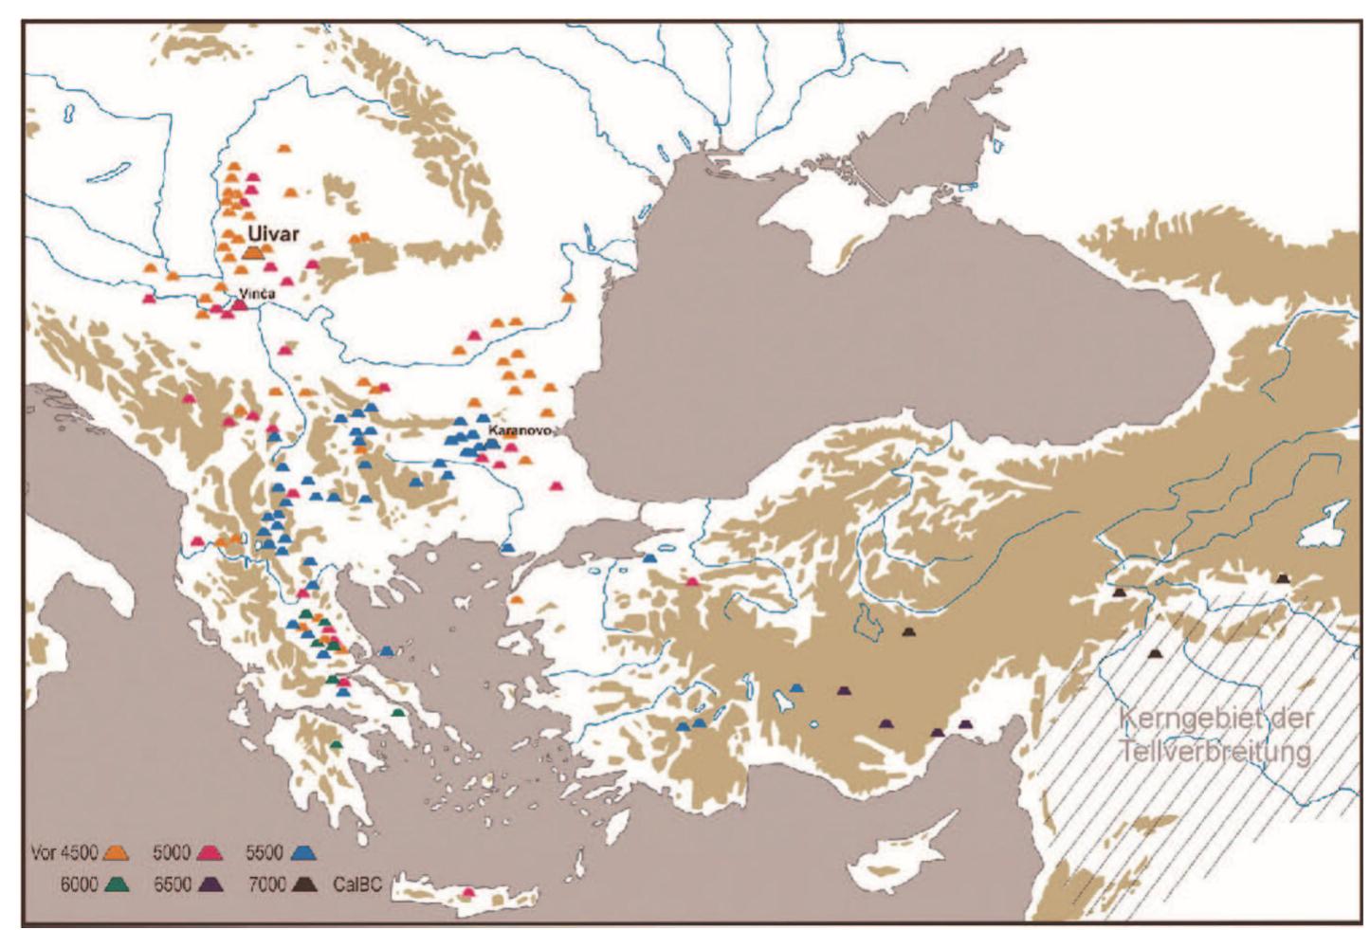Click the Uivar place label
[273, 232]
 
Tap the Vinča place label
[257, 294]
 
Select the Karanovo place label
[519, 430]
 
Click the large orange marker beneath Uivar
[254, 252]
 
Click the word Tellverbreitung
[1215, 752]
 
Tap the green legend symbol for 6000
[118, 884]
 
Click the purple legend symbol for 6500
[211, 884]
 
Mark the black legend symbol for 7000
[305, 884]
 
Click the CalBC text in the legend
[357, 884]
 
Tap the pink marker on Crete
[467, 892]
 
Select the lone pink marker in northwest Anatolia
[693, 582]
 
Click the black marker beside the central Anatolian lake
[909, 631]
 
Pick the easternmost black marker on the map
[1283, 578]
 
